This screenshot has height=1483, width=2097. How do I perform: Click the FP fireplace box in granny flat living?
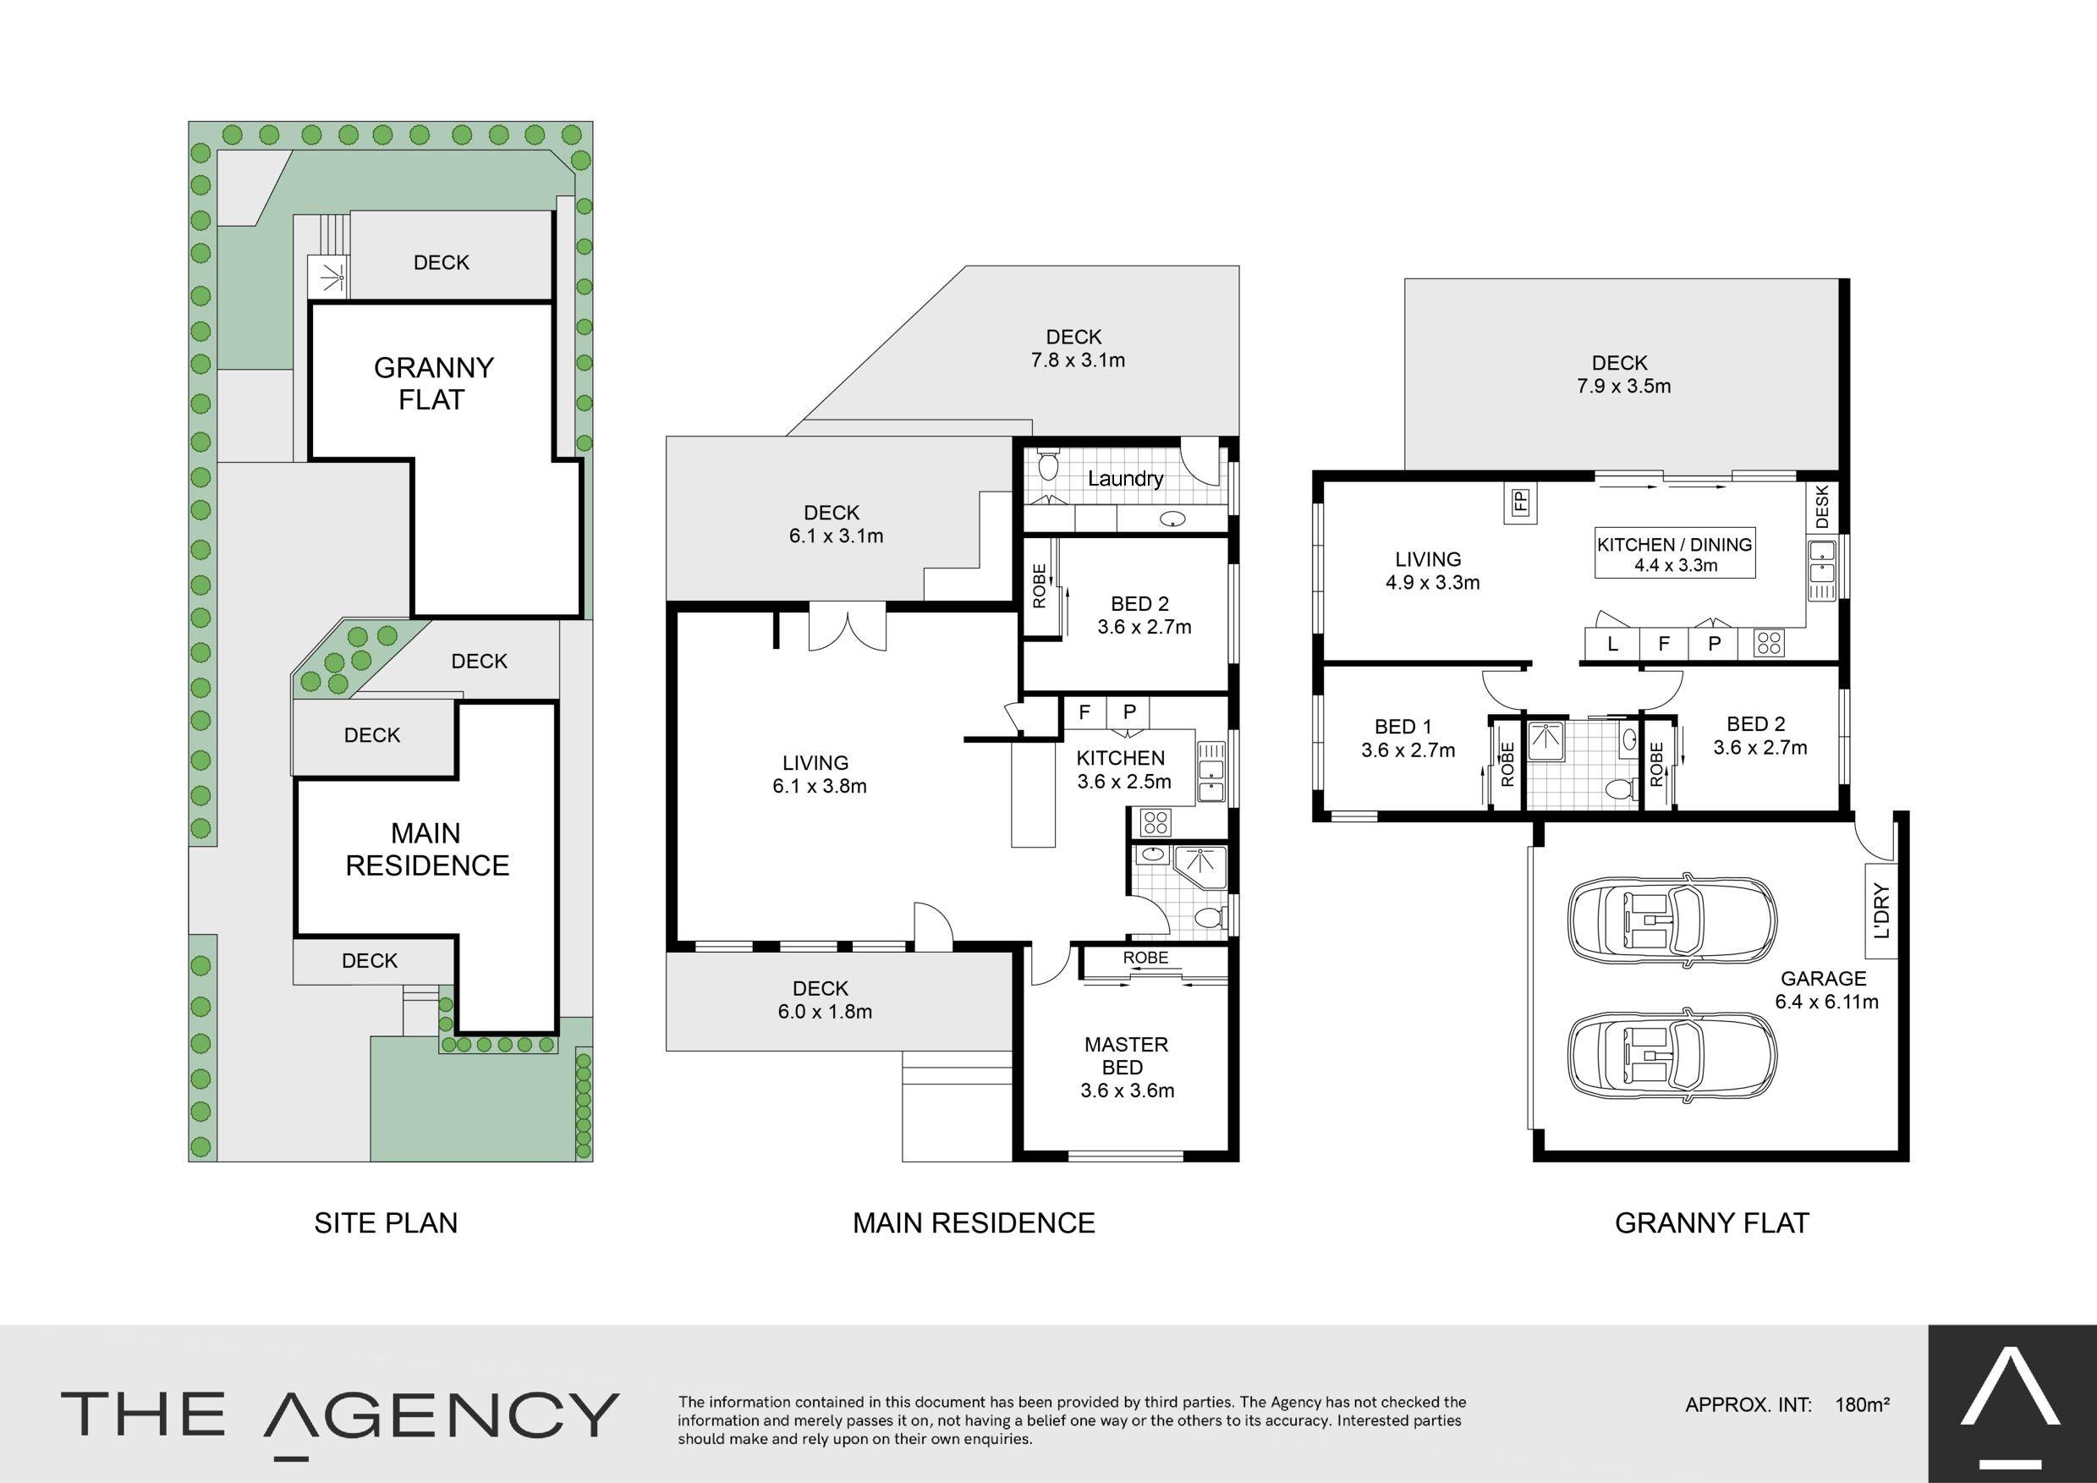click(x=1521, y=503)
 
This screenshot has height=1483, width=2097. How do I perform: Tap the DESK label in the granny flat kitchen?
click(x=1822, y=506)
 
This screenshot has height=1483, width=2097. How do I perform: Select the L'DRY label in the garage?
click(x=1881, y=910)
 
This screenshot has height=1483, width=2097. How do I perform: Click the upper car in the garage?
click(x=1672, y=917)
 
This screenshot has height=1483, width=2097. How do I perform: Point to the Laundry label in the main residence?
click(x=1125, y=479)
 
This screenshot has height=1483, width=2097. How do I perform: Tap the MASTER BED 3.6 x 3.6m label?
click(x=1127, y=1067)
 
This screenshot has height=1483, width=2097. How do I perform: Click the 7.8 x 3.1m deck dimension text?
click(x=1078, y=360)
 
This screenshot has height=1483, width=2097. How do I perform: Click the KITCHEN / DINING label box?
click(x=1675, y=553)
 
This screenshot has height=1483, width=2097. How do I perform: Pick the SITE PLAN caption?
click(x=386, y=1222)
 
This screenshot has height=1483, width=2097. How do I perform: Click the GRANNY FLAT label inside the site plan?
click(x=433, y=383)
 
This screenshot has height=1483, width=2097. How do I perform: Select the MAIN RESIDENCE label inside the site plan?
click(x=426, y=849)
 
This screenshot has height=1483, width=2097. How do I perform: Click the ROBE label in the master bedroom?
click(x=1145, y=958)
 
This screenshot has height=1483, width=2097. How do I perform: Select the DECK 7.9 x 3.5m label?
click(x=1623, y=375)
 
